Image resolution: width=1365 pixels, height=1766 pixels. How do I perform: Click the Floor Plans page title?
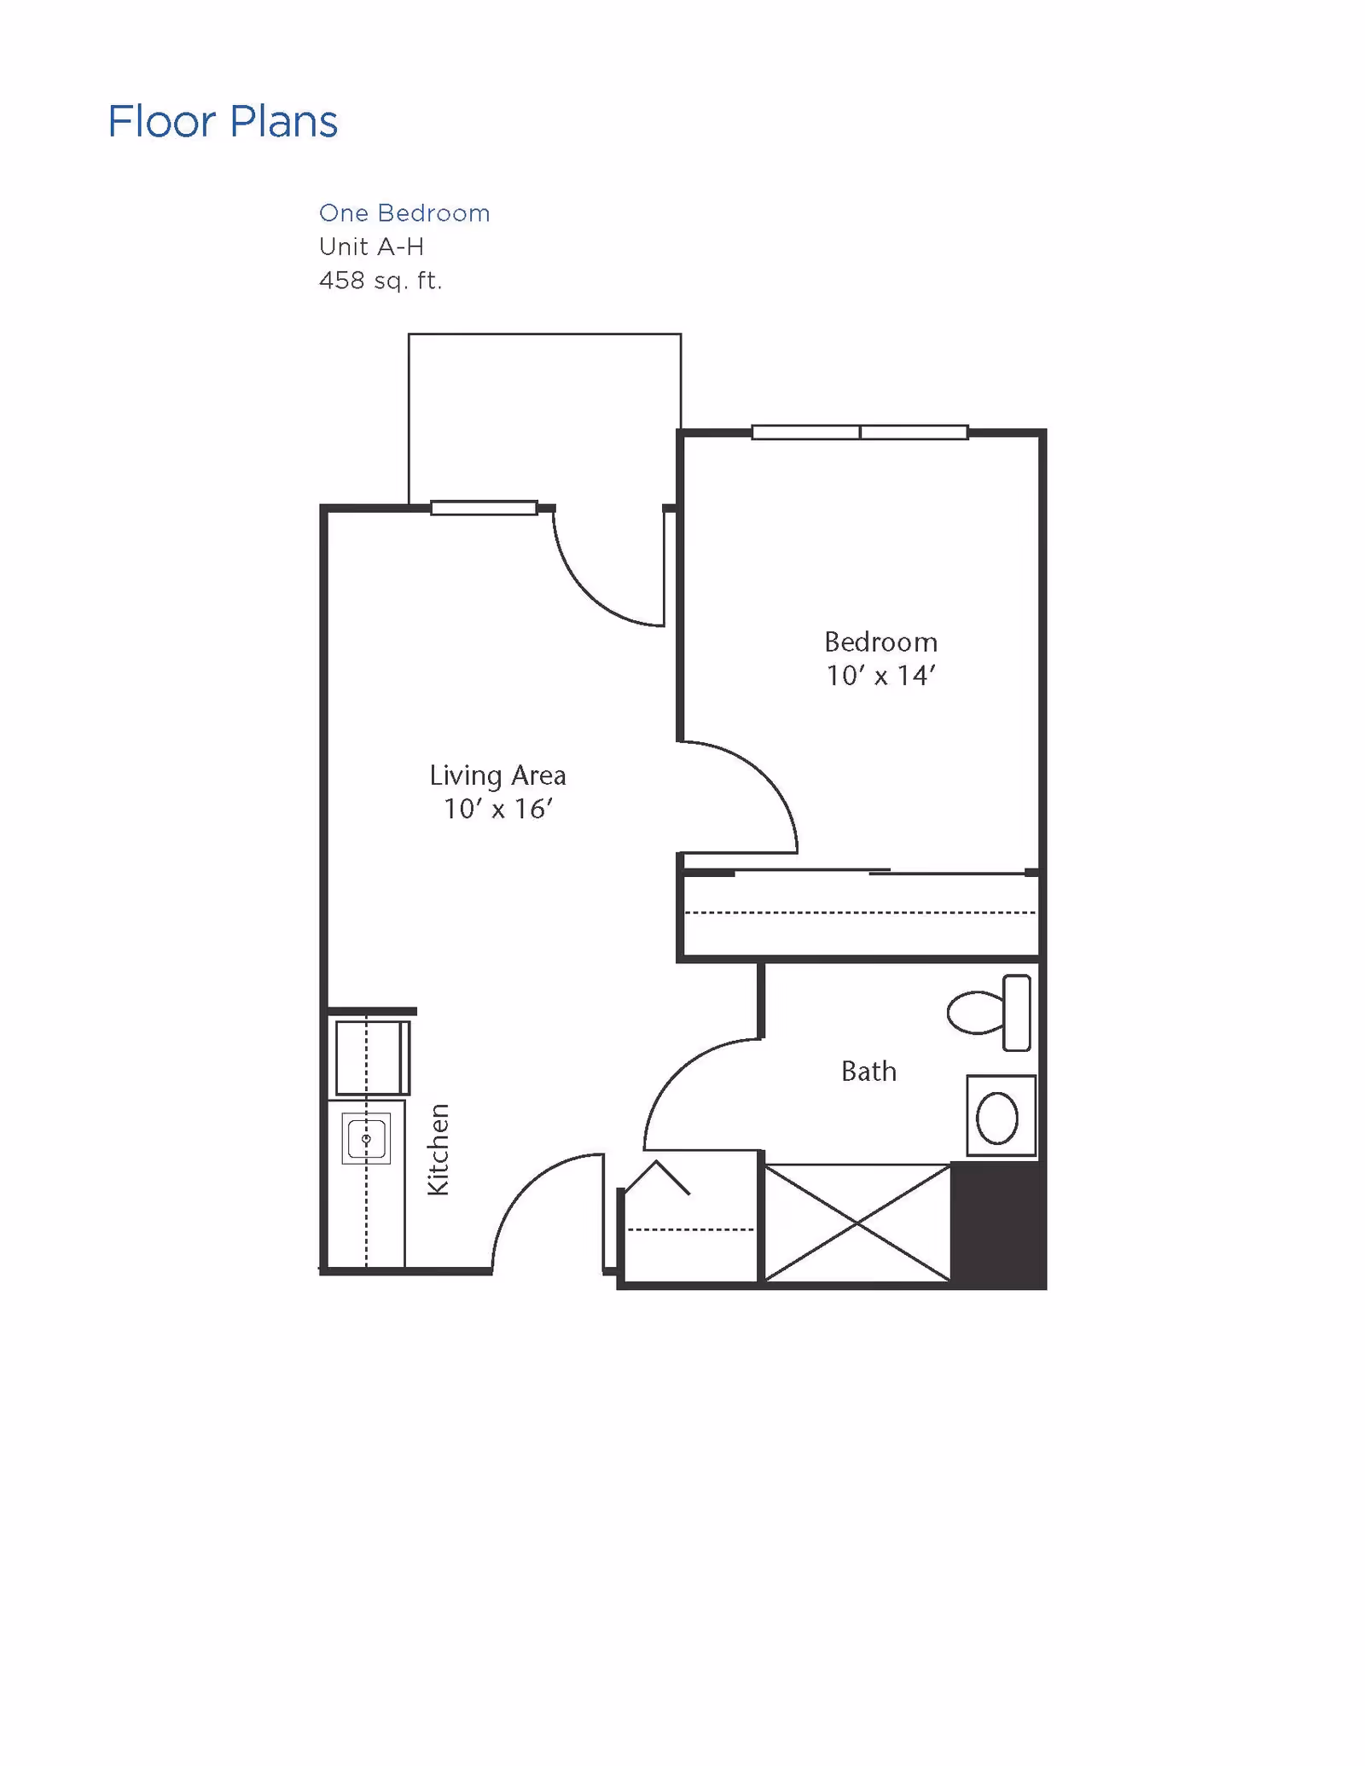pos(223,121)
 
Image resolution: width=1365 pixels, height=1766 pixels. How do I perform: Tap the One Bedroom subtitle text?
pos(404,213)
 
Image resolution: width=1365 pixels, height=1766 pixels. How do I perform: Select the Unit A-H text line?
pos(371,247)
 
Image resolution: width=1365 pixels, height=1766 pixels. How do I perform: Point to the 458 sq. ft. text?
pos(380,281)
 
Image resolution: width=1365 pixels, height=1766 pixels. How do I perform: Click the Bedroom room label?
pos(880,642)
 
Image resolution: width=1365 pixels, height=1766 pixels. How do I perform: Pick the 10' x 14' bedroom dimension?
pos(880,676)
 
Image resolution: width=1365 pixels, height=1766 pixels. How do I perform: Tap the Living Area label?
pos(497,776)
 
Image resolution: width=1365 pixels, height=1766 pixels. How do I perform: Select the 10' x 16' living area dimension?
pos(497,809)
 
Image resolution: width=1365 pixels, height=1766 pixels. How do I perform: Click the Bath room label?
pos(868,1072)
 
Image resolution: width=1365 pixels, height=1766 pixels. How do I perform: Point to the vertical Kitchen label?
pos(438,1150)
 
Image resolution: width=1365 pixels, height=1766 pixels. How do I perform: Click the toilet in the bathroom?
pos(990,1013)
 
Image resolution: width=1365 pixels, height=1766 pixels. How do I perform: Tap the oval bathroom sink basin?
pos(996,1118)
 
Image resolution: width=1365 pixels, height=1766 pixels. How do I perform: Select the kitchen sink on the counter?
pos(366,1139)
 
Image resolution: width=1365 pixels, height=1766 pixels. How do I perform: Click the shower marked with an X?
pos(857,1223)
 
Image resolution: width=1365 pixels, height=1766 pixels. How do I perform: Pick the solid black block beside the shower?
pos(998,1225)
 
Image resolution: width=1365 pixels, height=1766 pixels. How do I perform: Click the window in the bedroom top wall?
pos(860,433)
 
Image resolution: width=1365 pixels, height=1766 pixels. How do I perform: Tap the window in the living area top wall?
pos(484,508)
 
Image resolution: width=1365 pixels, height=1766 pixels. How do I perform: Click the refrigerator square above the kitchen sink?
pos(373,1058)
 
